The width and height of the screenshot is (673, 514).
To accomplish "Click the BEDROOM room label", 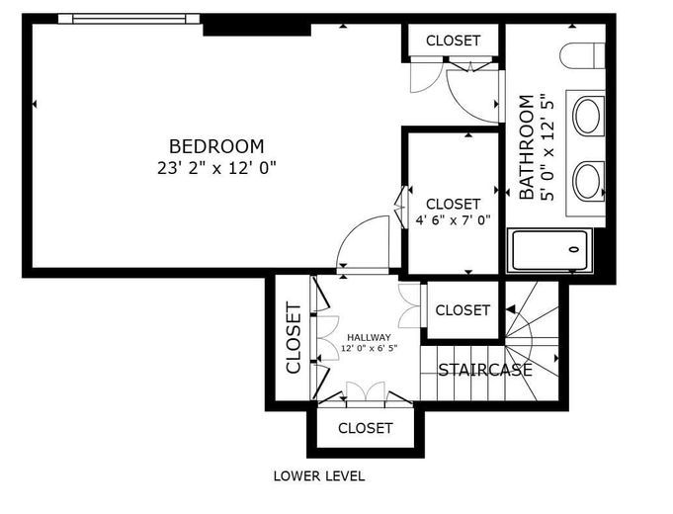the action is point(216,146).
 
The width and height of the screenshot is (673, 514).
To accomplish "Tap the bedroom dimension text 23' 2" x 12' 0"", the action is point(216,168).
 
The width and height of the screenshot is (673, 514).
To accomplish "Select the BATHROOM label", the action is point(527,147).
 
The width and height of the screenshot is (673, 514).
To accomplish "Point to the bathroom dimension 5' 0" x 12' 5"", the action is point(547,147).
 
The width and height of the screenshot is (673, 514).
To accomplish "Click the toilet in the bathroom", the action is point(582,55).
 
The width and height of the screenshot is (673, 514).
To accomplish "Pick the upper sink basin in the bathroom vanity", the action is point(587,116).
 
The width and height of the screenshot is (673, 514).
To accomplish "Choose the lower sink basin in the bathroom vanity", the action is point(587,180).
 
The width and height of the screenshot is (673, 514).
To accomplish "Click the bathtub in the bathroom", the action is point(549,250).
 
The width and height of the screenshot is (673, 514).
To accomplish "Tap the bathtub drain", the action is point(574,249).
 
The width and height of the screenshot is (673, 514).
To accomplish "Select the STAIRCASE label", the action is point(485,370).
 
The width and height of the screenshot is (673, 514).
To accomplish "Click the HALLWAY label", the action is point(370,337).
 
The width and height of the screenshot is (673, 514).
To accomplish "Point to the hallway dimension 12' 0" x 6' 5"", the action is point(370,348).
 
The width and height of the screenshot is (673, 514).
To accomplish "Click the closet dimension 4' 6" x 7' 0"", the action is point(453,220).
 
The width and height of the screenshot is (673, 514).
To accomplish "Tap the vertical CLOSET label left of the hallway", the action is point(294,338).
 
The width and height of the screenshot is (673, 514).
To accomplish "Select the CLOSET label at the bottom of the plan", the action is point(366,428).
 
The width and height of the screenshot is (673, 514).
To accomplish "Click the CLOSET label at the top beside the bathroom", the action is point(453,41).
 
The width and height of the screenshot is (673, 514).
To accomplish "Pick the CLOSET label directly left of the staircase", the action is point(463,310).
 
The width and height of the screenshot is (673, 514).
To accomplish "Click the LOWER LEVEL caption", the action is point(319,475).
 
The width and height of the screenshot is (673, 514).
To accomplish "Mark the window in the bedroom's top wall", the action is point(128,19).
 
